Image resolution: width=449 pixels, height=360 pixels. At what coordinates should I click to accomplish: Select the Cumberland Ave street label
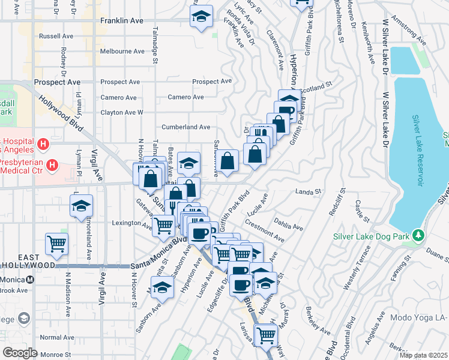pyautogui.click(x=186, y=127)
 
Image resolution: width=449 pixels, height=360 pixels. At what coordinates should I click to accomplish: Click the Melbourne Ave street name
pyautogui.click(x=122, y=51)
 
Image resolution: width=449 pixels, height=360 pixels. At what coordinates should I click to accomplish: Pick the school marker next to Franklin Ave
pyautogui.click(x=201, y=16)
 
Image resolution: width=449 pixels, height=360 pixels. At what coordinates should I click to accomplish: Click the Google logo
pyautogui.click(x=20, y=352)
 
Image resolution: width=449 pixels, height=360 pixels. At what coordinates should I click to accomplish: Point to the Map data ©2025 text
pyautogui.click(x=423, y=355)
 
